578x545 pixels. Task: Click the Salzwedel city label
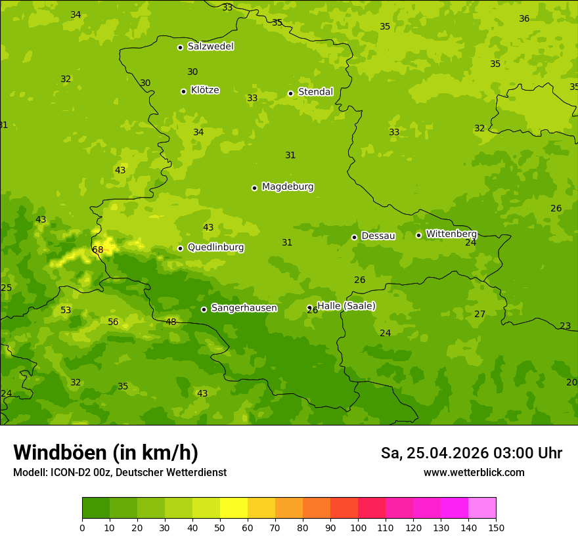tap(210, 47)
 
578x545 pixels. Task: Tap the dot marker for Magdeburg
tap(254, 188)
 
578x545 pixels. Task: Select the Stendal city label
tap(315, 92)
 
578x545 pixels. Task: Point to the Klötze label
tap(205, 90)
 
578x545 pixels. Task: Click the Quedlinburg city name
tap(215, 248)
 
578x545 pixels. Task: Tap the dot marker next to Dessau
tap(354, 237)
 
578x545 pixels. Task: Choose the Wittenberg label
tap(451, 234)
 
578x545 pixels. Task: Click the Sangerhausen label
tap(244, 308)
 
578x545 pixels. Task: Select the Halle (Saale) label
tap(346, 306)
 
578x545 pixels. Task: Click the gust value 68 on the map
tap(98, 250)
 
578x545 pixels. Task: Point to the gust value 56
tap(113, 322)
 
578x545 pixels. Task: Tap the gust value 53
tap(66, 311)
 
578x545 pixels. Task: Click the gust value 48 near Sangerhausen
tap(171, 322)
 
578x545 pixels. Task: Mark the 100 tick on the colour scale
tap(358, 527)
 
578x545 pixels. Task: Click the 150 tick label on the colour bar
tap(496, 527)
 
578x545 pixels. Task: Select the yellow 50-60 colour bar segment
tap(234, 508)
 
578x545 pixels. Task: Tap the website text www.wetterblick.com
tap(474, 473)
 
